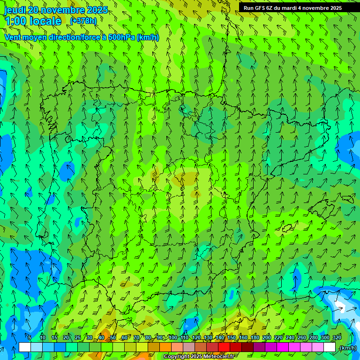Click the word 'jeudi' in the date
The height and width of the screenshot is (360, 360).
[15, 10]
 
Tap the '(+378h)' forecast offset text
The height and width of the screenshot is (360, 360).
[83, 21]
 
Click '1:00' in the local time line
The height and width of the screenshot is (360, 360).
[14, 21]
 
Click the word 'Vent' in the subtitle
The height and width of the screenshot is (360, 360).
[14, 37]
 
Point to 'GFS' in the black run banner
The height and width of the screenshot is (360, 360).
[259, 8]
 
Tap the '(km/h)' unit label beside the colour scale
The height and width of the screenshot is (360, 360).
[347, 348]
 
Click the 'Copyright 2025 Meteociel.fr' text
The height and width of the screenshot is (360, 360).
[199, 357]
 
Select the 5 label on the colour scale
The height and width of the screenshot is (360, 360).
[30, 337]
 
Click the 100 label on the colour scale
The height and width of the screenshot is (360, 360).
[172, 337]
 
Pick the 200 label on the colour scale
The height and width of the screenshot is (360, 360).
[267, 337]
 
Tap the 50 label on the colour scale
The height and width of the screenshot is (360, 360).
[113, 337]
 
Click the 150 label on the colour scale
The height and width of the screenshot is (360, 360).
[232, 337]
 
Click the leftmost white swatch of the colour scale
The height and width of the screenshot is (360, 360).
[25, 347]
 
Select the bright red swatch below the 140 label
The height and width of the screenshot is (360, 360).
[224, 347]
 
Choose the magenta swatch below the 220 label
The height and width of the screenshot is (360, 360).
[283, 347]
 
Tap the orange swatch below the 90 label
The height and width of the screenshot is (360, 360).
[165, 347]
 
